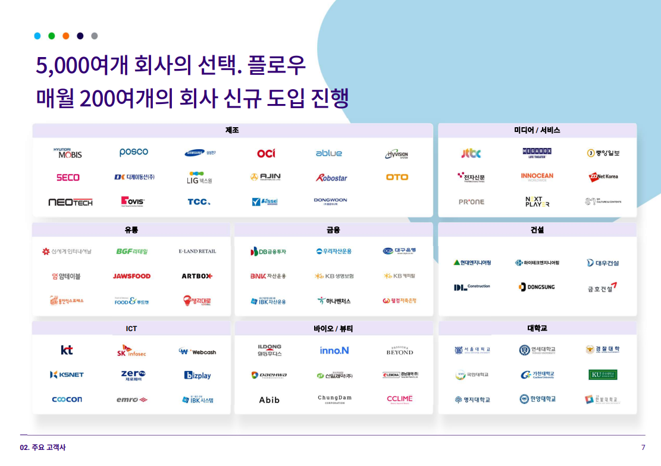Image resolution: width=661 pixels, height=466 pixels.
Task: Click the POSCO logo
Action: (134, 152)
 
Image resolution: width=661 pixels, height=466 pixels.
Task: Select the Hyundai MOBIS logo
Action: (68, 153)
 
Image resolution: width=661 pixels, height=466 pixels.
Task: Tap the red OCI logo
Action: (266, 153)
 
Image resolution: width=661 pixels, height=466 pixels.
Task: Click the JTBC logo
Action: (471, 153)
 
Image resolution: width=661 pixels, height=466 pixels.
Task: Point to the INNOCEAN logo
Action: (537, 177)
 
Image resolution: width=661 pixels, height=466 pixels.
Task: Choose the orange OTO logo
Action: (397, 177)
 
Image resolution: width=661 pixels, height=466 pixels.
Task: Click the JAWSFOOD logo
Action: (131, 276)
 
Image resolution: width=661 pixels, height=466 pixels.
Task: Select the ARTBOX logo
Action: (197, 276)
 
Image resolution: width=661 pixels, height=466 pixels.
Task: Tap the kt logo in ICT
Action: (67, 350)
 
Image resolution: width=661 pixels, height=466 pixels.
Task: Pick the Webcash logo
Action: (198, 351)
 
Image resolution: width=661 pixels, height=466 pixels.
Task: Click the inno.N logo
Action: (334, 351)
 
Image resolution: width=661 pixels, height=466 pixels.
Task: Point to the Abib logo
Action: (269, 399)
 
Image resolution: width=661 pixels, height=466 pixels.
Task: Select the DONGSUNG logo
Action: (537, 287)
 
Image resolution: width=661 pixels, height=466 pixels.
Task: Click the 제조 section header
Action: (232, 130)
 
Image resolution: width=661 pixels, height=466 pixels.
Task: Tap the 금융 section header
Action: (333, 229)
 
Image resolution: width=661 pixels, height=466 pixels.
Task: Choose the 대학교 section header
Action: (537, 328)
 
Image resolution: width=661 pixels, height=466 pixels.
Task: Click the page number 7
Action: (643, 448)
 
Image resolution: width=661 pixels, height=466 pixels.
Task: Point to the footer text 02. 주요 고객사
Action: (43, 448)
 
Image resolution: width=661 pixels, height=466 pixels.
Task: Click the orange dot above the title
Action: (66, 36)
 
